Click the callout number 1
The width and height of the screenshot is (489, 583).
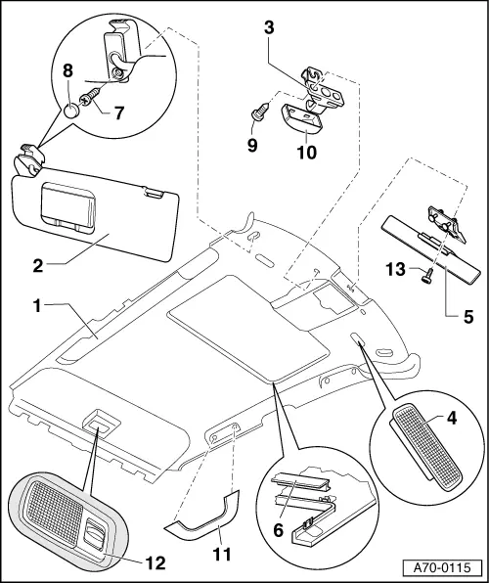coord(37,306)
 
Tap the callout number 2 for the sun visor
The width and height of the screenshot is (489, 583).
coord(38,266)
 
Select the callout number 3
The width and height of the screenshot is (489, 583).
coord(269,27)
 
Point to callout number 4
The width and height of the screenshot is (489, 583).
coord(452,419)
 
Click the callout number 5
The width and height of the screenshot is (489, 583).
coord(468,316)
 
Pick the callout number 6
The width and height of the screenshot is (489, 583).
coord(278,530)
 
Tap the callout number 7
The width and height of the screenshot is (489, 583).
coord(118,112)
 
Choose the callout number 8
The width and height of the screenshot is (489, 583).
coord(67,70)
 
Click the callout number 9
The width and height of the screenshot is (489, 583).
coord(252,145)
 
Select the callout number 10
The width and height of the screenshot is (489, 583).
coord(307,152)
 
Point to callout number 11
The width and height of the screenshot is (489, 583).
coord(222,554)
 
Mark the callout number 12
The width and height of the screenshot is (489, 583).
coord(156,562)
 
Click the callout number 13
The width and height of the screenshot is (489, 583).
coord(395,269)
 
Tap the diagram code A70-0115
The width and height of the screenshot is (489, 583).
coord(442,567)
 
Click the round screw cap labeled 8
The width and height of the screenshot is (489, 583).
coord(71,111)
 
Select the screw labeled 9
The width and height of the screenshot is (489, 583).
coord(260,111)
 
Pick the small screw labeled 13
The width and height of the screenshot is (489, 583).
coord(428,277)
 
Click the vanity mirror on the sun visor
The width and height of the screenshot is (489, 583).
coord(68,207)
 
